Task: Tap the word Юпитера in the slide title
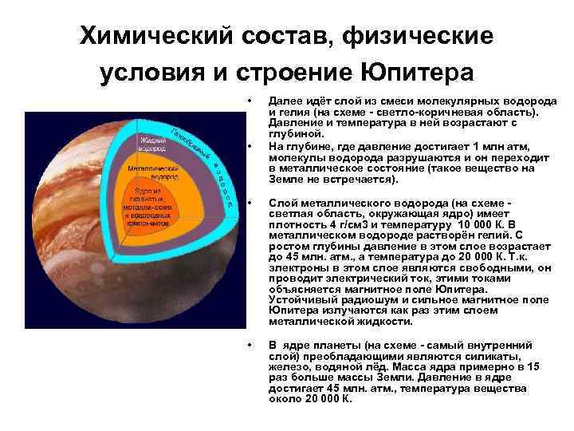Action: pyautogui.click(x=415, y=72)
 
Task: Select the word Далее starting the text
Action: pyautogui.click(x=285, y=102)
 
